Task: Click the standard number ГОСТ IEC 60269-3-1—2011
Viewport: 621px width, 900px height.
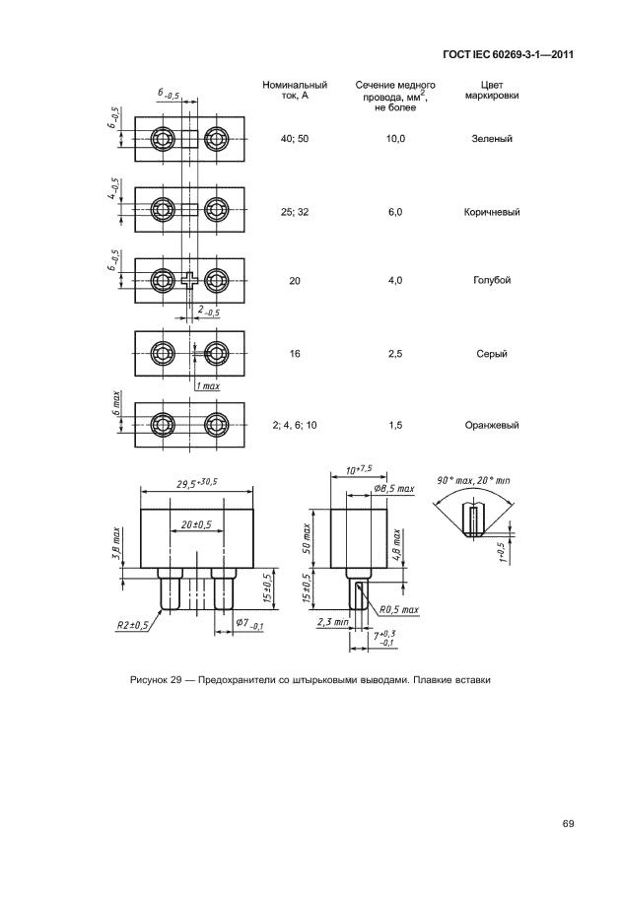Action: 510,54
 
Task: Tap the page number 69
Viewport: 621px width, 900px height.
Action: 568,824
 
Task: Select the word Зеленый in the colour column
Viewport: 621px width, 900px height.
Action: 492,139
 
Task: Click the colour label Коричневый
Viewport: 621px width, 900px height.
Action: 492,212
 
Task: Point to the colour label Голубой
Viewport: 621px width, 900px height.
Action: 492,281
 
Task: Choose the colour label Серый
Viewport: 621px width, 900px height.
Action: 492,354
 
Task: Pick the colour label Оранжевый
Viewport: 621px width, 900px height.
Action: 492,425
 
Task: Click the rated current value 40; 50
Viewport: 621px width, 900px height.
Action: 295,139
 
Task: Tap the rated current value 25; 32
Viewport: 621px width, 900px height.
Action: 295,212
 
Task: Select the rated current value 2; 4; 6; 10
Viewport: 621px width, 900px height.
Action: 295,425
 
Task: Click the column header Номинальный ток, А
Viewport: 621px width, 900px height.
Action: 295,92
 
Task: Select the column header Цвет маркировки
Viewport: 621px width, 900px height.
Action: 492,92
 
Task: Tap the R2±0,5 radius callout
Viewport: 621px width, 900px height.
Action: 131,625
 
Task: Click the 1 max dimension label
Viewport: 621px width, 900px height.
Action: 207,385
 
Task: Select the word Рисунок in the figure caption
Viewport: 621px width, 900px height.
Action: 150,679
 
